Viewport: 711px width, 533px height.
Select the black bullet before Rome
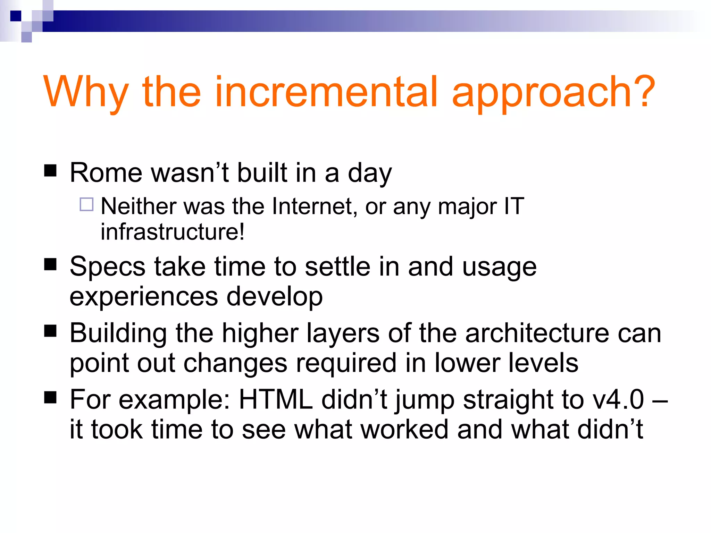(50, 170)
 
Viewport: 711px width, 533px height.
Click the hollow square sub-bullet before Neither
(86, 204)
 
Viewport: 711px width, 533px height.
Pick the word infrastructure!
(173, 232)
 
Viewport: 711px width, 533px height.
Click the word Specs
(107, 267)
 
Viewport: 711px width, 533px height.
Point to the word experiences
(144, 296)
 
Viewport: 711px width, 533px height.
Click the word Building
(118, 333)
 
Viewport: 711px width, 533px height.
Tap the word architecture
(537, 333)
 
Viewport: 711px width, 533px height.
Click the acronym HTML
(276, 400)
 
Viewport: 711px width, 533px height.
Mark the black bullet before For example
(50, 397)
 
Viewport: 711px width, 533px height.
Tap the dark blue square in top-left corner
(16, 16)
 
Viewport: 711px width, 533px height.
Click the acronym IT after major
(514, 206)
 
